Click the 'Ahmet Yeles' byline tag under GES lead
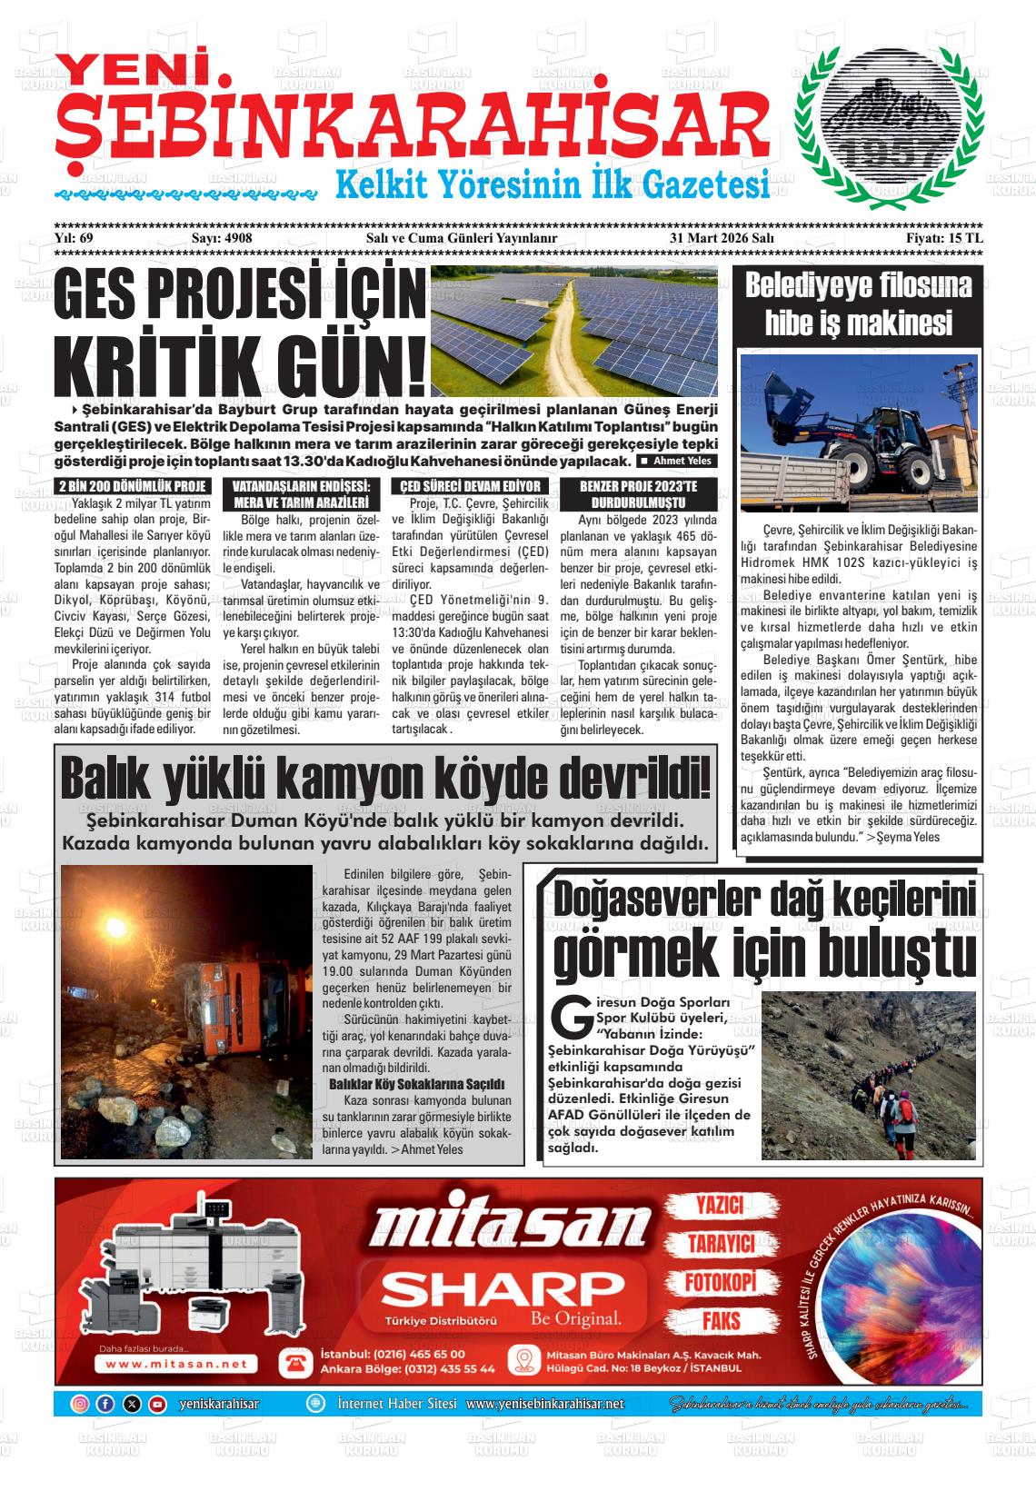(679, 461)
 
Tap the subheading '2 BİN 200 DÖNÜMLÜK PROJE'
(133, 486)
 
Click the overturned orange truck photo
(186, 1011)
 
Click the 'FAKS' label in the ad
(720, 1320)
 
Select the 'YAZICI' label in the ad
(720, 1206)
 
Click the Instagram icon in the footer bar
(80, 1404)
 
